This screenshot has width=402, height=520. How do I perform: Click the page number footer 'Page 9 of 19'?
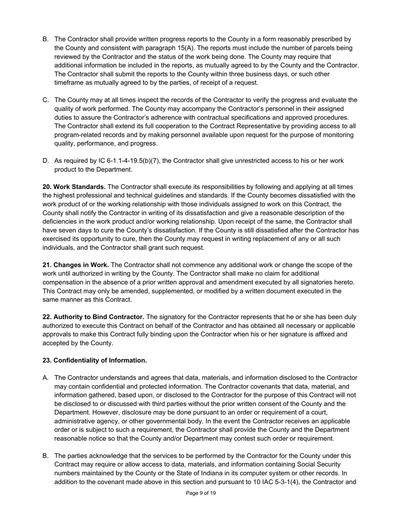[201, 493]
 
